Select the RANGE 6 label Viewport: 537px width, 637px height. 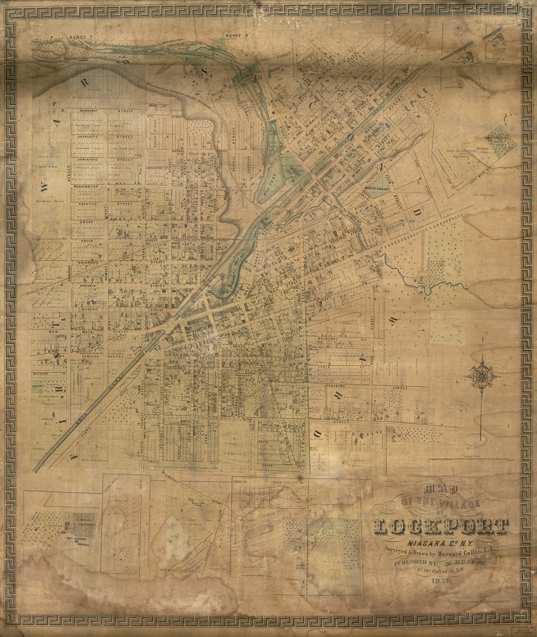[x=237, y=36]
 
